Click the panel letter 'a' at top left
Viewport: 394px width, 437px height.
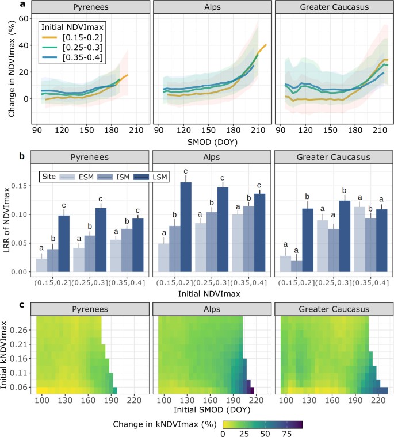click(x=5, y=5)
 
